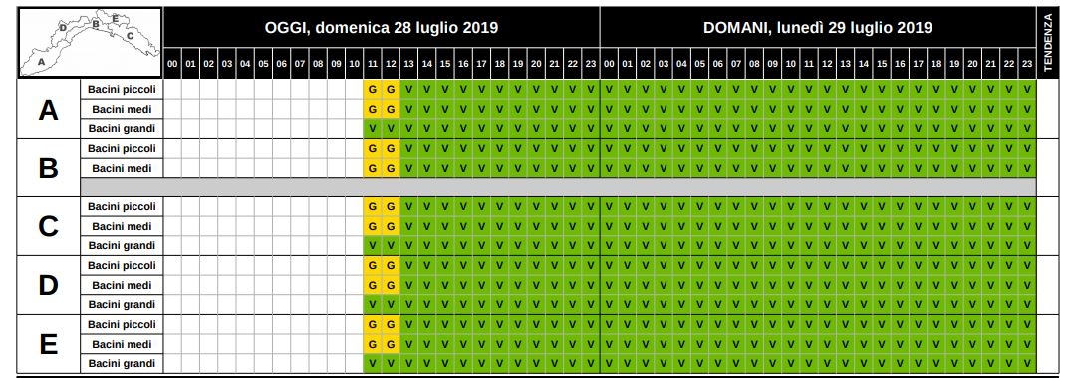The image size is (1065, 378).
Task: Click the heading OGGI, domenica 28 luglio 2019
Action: click(381, 28)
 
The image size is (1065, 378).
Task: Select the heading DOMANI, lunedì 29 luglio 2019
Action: click(818, 28)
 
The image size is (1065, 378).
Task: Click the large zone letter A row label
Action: click(48, 110)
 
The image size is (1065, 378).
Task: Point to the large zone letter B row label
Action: click(48, 168)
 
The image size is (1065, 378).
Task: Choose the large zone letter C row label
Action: click(48, 226)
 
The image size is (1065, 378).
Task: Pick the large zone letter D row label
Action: click(48, 285)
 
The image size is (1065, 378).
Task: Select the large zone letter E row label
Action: click(48, 345)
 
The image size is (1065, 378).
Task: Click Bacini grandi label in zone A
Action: click(123, 128)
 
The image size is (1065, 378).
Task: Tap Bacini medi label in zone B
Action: click(123, 168)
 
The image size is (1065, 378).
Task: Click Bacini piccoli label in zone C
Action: click(123, 206)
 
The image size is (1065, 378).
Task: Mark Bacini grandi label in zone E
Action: click(123, 364)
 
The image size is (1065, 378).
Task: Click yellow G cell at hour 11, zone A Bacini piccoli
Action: click(373, 89)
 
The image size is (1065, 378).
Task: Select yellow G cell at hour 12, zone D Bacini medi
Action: click(391, 285)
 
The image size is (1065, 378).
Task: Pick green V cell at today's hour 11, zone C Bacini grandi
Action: click(373, 245)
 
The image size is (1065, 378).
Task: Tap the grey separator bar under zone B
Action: click(558, 187)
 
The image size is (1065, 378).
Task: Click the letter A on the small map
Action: click(42, 61)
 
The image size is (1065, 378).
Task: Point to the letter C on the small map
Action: click(130, 35)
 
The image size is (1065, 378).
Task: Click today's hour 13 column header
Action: click(408, 64)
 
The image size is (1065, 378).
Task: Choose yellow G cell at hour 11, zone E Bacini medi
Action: click(373, 345)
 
